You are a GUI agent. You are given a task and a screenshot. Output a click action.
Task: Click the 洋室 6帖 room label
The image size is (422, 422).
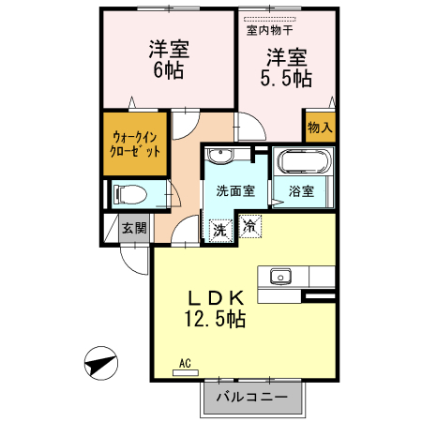(169, 59)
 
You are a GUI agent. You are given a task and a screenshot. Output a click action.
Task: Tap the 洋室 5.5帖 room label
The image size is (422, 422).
(286, 68)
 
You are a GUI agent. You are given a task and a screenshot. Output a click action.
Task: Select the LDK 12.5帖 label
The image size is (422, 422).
(215, 309)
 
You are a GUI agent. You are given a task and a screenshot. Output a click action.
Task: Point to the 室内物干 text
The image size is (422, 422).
(269, 30)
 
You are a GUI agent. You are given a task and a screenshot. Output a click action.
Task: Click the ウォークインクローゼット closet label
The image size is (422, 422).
(135, 144)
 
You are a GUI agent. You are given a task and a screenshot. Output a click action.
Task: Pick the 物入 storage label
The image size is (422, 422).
(320, 128)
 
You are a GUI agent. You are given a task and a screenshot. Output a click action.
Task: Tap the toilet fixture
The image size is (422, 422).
(130, 195)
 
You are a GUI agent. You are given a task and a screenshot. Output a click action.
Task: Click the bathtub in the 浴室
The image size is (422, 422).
(304, 161)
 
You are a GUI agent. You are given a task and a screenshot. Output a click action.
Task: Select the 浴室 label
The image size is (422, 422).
(301, 191)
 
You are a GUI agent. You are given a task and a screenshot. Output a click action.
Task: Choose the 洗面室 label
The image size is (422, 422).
(235, 190)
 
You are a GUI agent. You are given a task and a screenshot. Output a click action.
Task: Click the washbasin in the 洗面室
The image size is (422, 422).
(220, 156)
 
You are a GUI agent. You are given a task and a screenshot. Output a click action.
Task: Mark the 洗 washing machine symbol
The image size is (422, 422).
(220, 231)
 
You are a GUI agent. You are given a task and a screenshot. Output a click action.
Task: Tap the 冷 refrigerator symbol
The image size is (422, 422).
(250, 226)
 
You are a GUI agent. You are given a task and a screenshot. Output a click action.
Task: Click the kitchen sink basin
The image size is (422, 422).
(280, 277)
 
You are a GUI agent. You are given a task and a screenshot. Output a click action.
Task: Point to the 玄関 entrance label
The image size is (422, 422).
(134, 228)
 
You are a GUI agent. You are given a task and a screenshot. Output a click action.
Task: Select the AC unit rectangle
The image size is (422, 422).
(186, 373)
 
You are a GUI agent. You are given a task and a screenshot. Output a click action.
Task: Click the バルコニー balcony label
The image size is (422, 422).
(252, 397)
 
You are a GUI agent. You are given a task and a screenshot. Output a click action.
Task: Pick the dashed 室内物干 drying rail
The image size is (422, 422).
(269, 20)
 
